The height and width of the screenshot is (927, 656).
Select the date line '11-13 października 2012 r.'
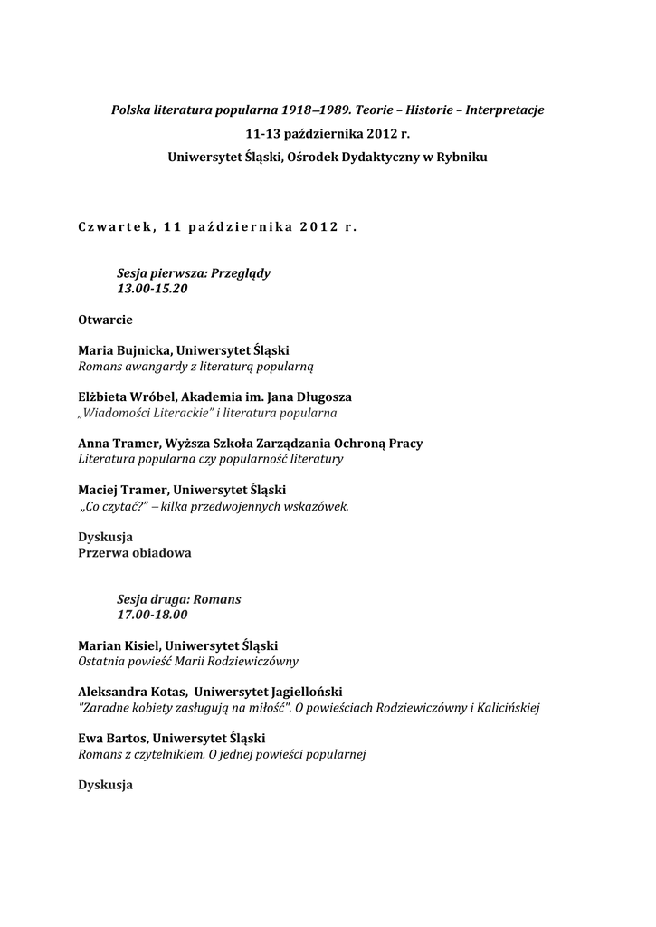point(328,133)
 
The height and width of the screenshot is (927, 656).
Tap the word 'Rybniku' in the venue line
point(461,157)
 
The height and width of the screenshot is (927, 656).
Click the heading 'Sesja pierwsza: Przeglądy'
point(194,272)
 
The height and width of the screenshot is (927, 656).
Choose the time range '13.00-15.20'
point(153,288)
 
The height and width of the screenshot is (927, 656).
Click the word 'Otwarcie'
point(106,320)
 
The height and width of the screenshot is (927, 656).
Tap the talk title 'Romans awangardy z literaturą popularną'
point(195,366)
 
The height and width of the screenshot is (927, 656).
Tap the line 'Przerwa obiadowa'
point(135,552)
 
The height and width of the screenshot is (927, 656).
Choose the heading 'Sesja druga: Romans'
point(179,599)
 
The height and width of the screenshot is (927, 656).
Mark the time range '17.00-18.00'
point(152,615)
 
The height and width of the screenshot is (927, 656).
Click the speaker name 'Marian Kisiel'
point(117,645)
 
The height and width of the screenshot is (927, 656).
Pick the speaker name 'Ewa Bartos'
point(112,739)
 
